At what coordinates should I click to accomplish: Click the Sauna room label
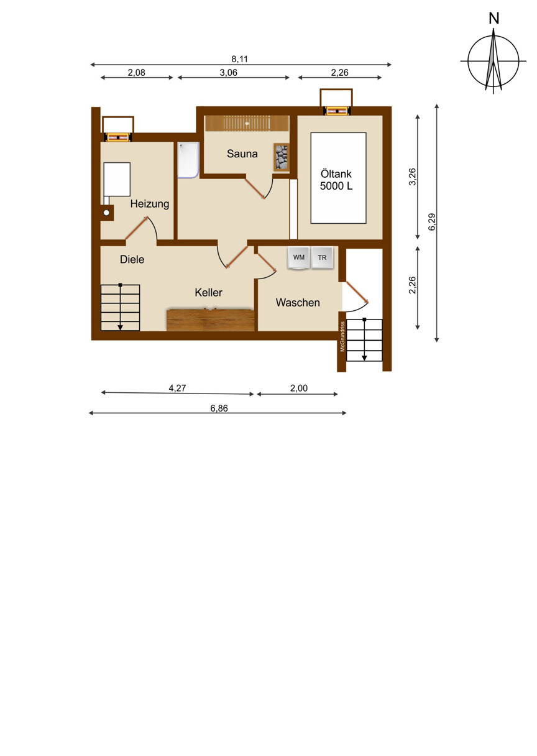click(x=242, y=154)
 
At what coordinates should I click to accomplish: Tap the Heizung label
click(x=149, y=204)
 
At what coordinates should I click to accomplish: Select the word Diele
click(x=132, y=259)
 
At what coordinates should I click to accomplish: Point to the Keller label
click(x=208, y=292)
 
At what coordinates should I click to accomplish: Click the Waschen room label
click(x=298, y=302)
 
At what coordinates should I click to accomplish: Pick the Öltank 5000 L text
click(x=336, y=180)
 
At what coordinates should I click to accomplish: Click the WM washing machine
click(x=298, y=258)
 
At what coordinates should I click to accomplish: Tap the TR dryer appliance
click(x=322, y=258)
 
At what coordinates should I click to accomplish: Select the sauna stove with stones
click(x=281, y=157)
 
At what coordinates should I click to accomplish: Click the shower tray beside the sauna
click(x=188, y=160)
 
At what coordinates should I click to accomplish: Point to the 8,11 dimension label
click(x=239, y=59)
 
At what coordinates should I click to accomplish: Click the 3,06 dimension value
click(x=228, y=73)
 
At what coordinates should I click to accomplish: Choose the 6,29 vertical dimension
click(x=432, y=222)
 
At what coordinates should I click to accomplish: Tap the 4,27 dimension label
click(x=177, y=388)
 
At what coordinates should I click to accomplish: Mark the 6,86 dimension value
click(x=219, y=408)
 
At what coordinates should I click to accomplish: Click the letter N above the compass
click(x=494, y=19)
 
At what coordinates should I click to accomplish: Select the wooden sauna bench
click(x=247, y=123)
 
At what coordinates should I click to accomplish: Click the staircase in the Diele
click(x=121, y=308)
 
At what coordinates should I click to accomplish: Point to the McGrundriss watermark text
click(x=342, y=336)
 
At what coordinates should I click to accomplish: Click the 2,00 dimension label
click(x=299, y=388)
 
